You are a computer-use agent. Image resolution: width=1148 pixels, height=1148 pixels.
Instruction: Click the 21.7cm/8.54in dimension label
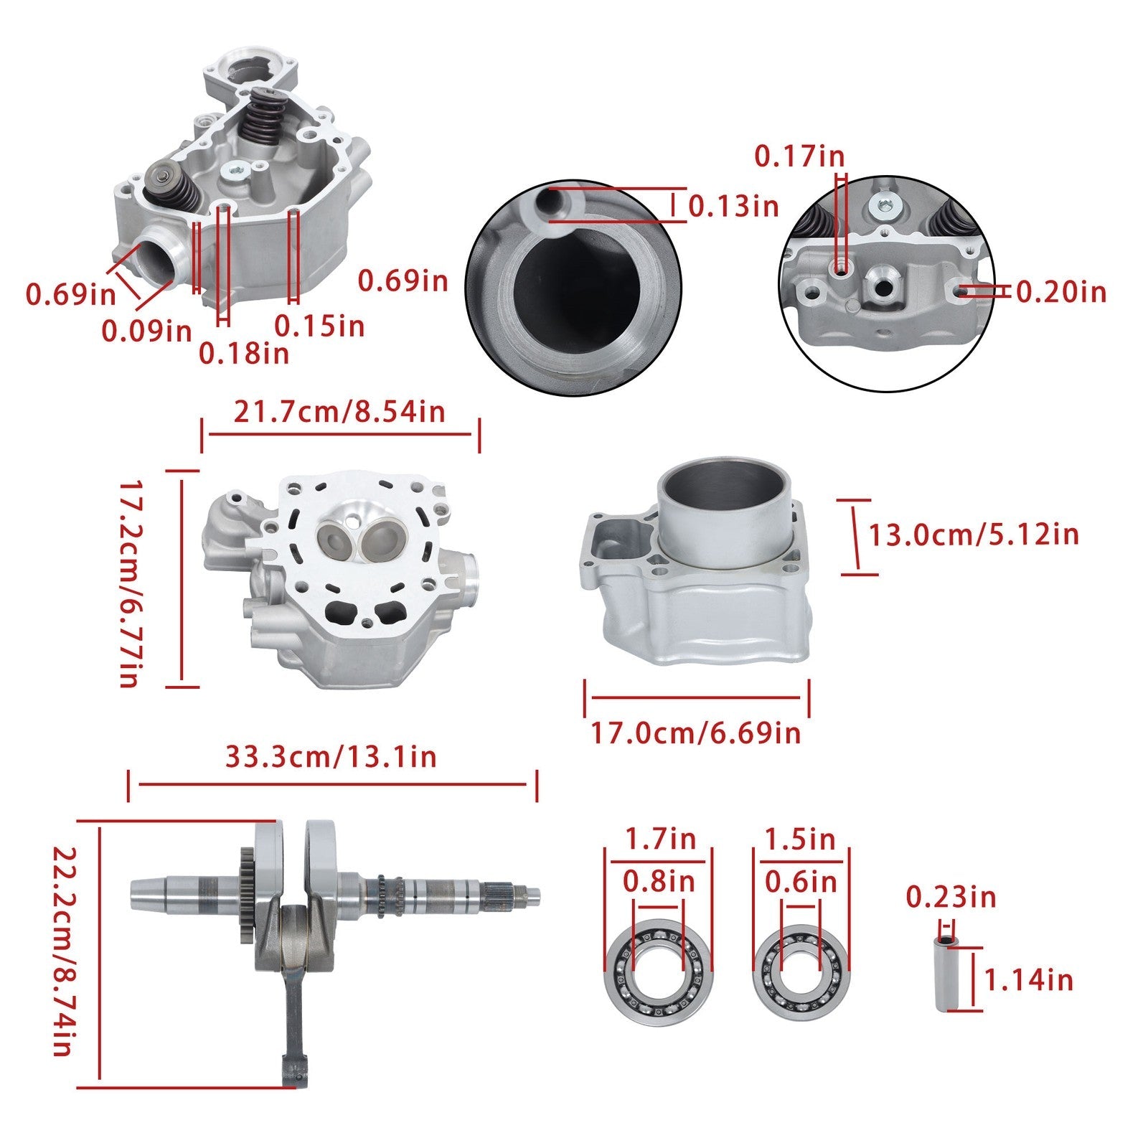coord(339,412)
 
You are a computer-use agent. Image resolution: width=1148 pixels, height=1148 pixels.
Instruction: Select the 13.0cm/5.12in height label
coord(974,535)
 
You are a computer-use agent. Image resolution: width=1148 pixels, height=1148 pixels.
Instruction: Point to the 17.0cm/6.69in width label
coord(695,733)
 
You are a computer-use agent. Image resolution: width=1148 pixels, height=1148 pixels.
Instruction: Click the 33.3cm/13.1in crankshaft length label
coord(331,757)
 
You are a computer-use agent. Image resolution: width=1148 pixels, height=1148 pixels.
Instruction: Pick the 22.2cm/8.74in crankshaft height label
coord(65,951)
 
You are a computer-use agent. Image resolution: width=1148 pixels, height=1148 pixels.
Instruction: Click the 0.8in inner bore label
coord(659,881)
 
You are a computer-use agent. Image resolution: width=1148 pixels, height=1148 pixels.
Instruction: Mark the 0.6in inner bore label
coord(801,881)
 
